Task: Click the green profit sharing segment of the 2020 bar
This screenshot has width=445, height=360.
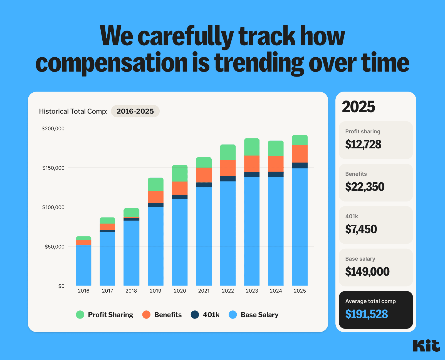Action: pos(180,173)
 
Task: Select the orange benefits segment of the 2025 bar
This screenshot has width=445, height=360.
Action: pos(300,154)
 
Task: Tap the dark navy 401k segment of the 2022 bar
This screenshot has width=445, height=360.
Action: pos(228,179)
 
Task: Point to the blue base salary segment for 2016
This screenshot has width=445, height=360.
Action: pos(83,265)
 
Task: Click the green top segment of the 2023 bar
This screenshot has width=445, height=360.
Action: pos(252,147)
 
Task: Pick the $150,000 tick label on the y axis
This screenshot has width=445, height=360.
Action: pos(53,168)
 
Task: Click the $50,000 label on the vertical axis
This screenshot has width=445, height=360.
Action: pos(54,247)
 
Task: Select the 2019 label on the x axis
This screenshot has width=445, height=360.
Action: pos(155,291)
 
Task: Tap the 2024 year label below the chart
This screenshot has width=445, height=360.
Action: pos(276,291)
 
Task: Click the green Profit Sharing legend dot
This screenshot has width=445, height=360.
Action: pos(80,315)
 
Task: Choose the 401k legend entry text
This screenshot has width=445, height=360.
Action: pos(211,315)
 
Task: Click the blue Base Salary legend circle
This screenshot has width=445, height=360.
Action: pos(233,315)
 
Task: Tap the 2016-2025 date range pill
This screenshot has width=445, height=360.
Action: pos(135,111)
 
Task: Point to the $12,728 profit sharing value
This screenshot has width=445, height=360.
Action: pos(363,144)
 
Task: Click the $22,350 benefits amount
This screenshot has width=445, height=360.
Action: pos(365,187)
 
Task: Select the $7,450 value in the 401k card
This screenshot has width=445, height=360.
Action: pos(361,229)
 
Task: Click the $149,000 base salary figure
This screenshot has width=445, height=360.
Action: pos(367,272)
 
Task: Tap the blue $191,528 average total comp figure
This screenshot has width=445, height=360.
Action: pos(366,314)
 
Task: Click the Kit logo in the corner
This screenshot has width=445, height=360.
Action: pos(426,346)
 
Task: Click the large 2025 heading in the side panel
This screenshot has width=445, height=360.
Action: pos(358,107)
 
